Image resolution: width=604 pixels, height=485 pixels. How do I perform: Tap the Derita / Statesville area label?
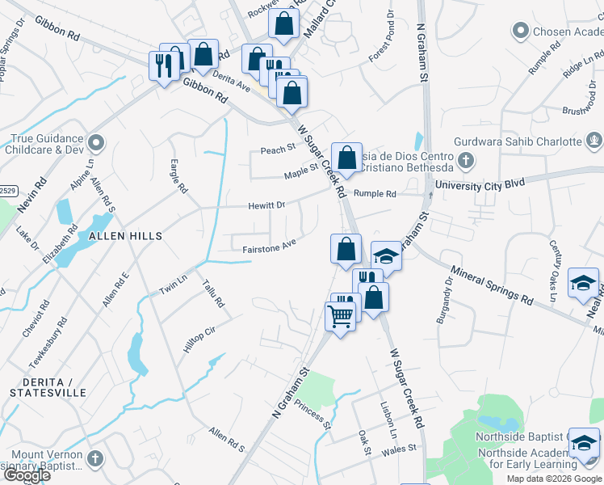coord(48,386)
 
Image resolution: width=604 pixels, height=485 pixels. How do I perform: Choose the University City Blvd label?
coord(480,186)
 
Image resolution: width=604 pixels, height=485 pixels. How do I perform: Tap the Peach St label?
coord(275,150)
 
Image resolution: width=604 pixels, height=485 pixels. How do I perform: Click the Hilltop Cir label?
coord(199,339)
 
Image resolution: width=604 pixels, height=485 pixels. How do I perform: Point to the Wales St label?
coord(400,448)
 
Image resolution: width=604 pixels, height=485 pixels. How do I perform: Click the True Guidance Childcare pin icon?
coord(97,144)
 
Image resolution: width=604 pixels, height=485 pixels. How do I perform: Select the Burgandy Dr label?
coord(445,301)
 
